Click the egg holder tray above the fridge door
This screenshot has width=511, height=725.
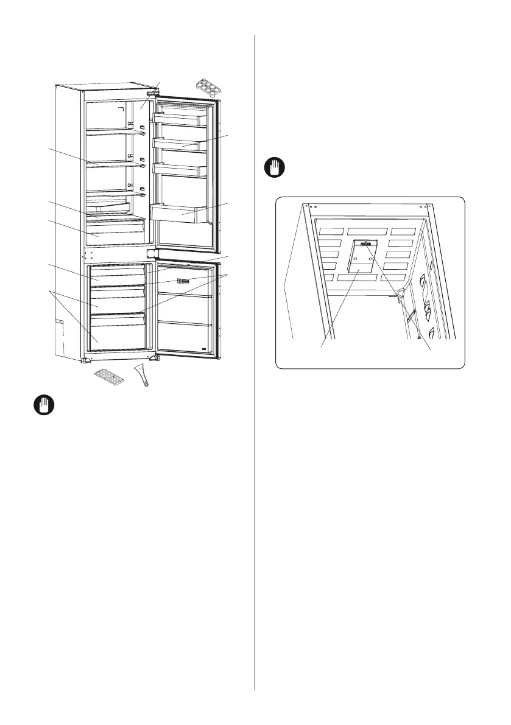208,88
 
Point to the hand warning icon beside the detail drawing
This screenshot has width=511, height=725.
275,168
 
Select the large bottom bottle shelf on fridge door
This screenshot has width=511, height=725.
181,212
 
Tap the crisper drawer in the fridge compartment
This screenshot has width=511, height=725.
116,233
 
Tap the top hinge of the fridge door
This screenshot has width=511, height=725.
150,94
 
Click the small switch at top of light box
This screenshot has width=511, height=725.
366,244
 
